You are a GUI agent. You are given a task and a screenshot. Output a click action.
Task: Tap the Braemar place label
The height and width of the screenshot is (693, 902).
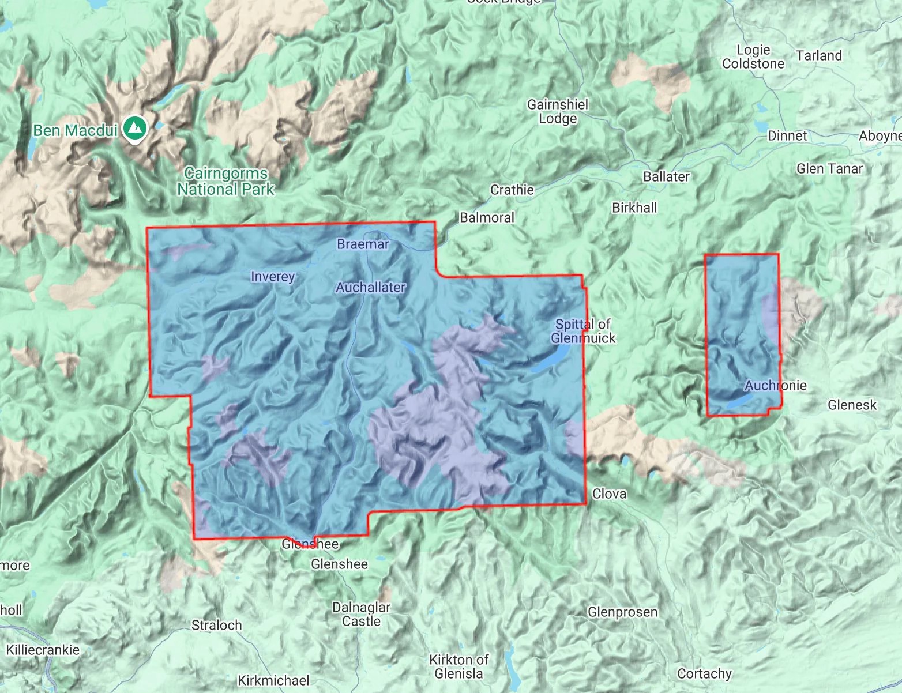pos(363,244)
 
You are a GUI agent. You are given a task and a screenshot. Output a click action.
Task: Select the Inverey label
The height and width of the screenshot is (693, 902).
pos(273,277)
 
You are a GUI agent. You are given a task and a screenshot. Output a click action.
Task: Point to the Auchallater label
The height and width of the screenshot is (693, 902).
pos(371,287)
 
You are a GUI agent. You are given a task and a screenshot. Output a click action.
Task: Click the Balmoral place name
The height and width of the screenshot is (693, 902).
pos(487,217)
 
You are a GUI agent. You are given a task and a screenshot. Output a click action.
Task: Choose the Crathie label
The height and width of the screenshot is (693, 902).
pos(512,190)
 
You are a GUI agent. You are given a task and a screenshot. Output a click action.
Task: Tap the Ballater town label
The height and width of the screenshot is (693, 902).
pos(666,176)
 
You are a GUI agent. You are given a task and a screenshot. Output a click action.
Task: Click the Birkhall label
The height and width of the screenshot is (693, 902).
pos(634,208)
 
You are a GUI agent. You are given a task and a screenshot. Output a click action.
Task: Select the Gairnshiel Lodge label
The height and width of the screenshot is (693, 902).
pos(558,111)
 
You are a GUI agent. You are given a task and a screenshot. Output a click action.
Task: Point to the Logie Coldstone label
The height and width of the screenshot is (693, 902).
pos(753,57)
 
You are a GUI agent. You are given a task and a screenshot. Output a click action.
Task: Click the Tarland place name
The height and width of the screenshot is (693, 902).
pos(819,55)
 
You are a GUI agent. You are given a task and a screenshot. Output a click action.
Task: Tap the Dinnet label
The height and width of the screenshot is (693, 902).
pos(787,135)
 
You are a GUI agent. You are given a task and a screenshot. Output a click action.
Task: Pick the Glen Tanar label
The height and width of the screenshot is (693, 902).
pos(829,168)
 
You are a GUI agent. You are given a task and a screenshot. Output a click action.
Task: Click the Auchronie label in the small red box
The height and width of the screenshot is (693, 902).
pos(775,385)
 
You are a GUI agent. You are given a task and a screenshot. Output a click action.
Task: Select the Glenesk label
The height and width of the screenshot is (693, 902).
pos(852,405)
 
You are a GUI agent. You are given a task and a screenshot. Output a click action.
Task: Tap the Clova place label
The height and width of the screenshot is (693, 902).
pos(609,494)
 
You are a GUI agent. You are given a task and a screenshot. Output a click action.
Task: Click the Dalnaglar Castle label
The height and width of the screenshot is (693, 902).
pos(361,614)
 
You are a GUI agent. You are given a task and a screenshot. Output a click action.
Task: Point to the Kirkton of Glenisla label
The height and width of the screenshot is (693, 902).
pos(458,666)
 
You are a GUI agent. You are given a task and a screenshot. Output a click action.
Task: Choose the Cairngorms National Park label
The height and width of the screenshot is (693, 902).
pos(225,181)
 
